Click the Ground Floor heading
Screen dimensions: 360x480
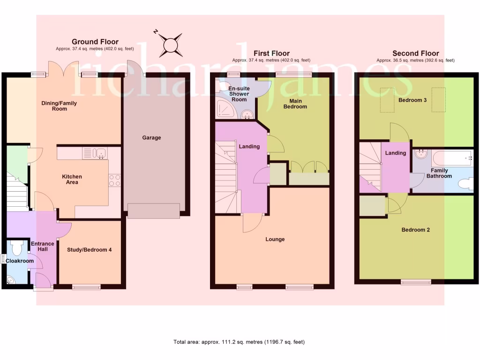tap(95, 42)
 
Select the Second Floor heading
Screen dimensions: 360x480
tap(416, 53)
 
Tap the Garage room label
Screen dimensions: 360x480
tap(151, 138)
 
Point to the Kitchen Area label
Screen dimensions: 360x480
tap(72, 179)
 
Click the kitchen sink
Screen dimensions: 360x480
tap(95, 153)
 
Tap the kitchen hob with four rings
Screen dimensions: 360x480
tap(115, 180)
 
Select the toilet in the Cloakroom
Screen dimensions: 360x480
tap(18, 247)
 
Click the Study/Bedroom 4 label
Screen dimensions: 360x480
tap(89, 250)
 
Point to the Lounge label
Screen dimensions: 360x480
tap(275, 239)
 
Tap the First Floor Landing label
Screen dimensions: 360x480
tap(249, 147)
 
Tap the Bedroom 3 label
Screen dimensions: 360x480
tap(412, 100)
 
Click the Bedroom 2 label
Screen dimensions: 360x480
tap(415, 230)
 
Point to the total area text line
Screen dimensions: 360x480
tap(242, 342)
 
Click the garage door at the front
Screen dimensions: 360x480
tap(153, 211)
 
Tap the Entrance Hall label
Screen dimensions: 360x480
tap(42, 246)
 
